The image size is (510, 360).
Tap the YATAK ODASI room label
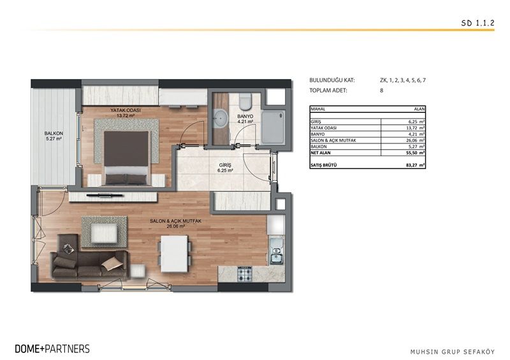pos(126,110)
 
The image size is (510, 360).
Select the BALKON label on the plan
pos(53,134)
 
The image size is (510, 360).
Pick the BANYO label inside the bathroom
pos(245,117)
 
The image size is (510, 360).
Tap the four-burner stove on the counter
pos(246,275)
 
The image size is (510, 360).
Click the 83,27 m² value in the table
pos(414,165)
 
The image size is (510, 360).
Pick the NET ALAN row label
pos(321,153)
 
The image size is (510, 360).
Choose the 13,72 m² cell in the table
pos(414,128)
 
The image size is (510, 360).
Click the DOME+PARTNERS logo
pos(52,349)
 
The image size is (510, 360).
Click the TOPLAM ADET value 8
pos(381,91)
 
